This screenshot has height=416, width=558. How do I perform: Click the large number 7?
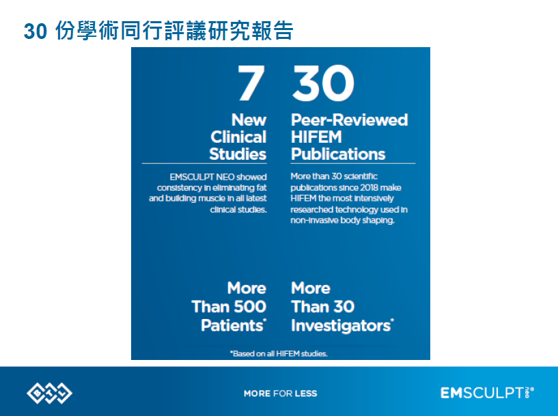[251, 83]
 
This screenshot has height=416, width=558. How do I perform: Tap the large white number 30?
[323, 83]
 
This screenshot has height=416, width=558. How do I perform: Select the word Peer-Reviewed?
[350, 120]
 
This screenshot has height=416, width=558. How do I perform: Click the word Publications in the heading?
[338, 154]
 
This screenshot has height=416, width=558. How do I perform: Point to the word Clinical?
[238, 137]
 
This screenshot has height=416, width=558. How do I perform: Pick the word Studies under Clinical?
[238, 154]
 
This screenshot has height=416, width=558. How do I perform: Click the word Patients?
[234, 325]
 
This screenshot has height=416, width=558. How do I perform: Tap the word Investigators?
[342, 326]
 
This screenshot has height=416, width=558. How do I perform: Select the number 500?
[250, 307]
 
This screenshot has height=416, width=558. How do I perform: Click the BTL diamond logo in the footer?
[49, 393]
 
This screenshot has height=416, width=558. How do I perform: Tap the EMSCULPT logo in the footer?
[487, 393]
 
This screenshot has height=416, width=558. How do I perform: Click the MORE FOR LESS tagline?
[281, 393]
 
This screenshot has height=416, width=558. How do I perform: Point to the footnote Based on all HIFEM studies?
[279, 353]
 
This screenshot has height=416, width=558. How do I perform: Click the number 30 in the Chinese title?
[36, 31]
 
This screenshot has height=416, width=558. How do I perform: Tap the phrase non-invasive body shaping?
[342, 220]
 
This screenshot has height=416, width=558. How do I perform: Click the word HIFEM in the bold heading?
[316, 137]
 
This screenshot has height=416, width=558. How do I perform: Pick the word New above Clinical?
[249, 120]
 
